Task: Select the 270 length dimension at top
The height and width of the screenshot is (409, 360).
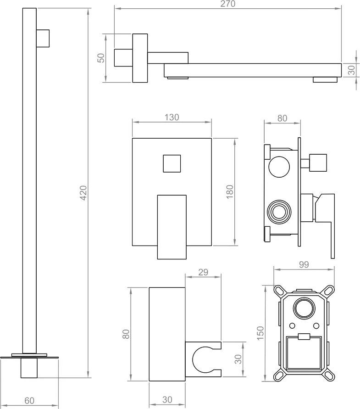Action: point(228,4)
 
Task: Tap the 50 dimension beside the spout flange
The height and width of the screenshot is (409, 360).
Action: point(101,58)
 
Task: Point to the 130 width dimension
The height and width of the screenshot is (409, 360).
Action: point(172,117)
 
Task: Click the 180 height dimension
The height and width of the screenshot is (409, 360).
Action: point(230,191)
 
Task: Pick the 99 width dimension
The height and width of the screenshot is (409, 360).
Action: point(303,264)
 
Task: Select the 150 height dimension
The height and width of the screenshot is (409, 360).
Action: point(260,333)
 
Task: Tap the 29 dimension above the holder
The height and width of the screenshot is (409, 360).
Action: point(203,272)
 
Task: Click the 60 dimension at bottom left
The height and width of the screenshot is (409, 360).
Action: point(29,401)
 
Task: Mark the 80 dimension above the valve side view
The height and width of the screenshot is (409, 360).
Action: point(282,118)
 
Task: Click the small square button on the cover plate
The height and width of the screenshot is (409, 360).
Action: point(172,164)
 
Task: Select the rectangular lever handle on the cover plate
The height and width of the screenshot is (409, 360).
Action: point(172,226)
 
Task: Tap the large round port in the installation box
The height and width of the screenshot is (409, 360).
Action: point(303,308)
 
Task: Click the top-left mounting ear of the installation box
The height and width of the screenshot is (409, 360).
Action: point(279,290)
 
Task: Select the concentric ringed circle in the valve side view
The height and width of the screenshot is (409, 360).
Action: point(278,212)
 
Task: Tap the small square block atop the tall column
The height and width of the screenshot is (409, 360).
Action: point(43,38)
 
